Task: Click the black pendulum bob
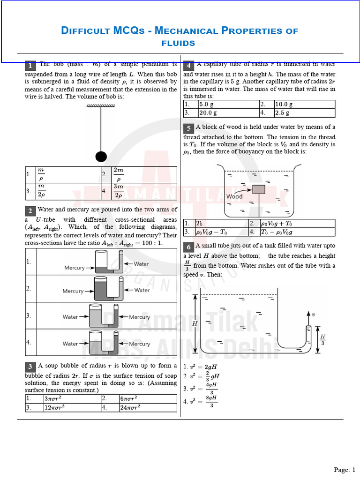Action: tap(101, 157)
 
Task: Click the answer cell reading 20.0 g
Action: tap(221, 113)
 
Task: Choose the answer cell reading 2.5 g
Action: tap(297, 113)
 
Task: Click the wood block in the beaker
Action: tap(258, 189)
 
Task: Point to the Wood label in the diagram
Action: tap(234, 197)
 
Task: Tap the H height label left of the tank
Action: tap(195, 323)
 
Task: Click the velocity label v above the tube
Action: tap(313, 315)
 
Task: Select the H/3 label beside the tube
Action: tap(323, 339)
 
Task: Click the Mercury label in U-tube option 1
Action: tap(75, 268)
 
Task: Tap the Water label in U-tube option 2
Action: tap(142, 290)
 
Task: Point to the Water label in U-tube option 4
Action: tap(70, 344)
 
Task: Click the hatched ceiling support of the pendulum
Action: tap(101, 106)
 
